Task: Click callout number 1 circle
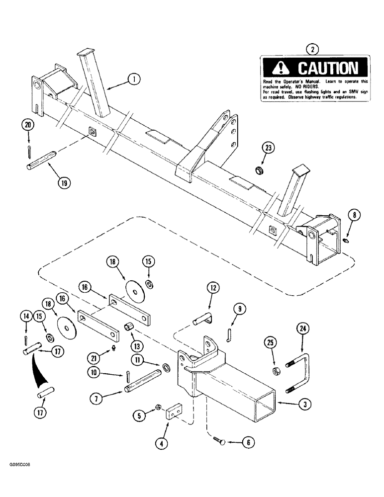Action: coord(133,78)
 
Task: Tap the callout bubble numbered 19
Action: coord(63,182)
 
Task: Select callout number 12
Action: coord(213,288)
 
